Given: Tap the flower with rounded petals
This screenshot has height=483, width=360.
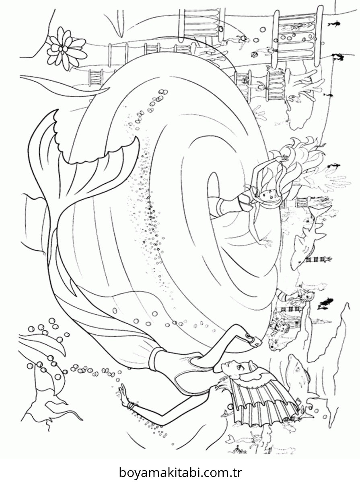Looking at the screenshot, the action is click(63, 50).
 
